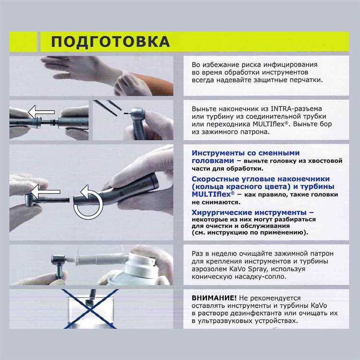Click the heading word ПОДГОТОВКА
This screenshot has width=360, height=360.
(x=110, y=41)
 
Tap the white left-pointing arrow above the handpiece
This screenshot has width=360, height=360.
(x=42, y=112)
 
